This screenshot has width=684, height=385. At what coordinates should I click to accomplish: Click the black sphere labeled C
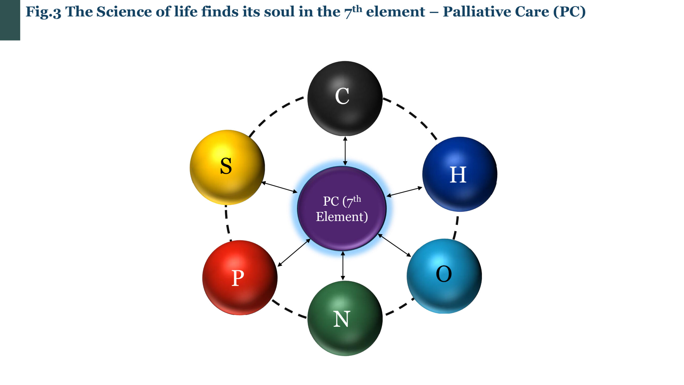tap(345, 98)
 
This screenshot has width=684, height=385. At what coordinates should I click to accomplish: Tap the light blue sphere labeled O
tap(444, 276)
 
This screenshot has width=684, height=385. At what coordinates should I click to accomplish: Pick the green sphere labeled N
tap(345, 318)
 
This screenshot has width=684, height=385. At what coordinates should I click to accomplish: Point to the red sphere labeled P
tap(240, 278)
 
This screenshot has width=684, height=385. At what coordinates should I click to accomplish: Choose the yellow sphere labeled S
tap(227, 167)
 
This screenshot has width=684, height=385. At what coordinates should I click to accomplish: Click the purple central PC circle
tap(342, 209)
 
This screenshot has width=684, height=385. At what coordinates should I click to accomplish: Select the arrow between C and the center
tap(345, 151)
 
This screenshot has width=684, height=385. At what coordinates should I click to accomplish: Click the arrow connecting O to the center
tap(394, 245)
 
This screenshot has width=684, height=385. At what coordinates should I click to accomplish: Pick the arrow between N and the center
tap(343, 266)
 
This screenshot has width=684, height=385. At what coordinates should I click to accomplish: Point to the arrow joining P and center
tap(294, 253)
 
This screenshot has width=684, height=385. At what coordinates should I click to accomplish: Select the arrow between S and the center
tap(279, 187)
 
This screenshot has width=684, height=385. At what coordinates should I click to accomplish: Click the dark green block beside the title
tap(10, 20)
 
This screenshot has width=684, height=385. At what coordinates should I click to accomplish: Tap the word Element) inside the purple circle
tap(342, 217)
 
